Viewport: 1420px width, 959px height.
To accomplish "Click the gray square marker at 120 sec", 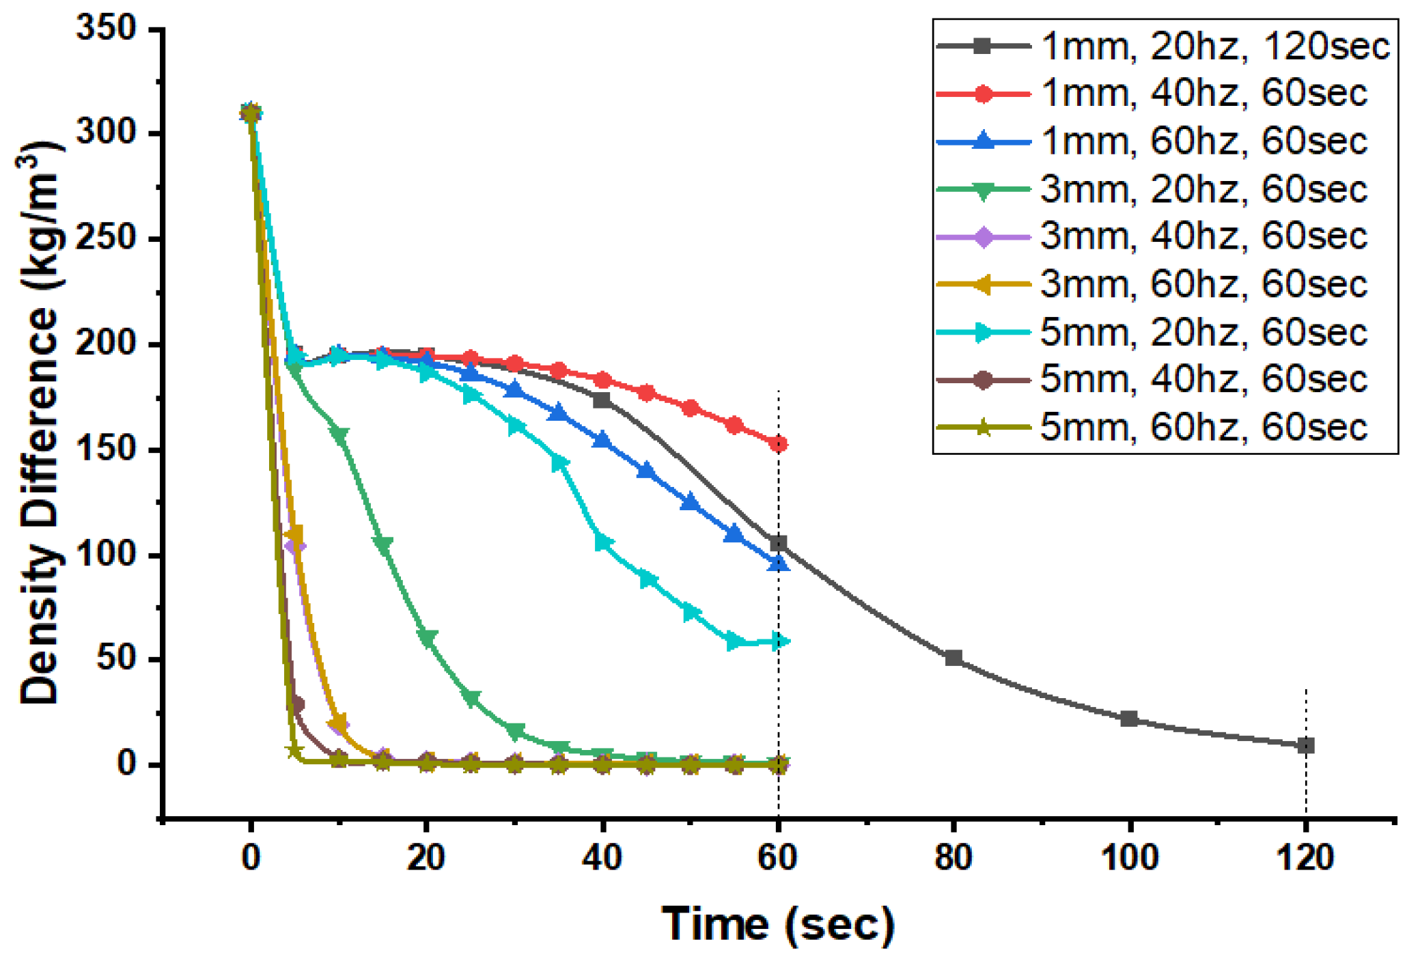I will click(1305, 745).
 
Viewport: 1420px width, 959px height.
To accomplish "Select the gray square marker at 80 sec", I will click(953, 658).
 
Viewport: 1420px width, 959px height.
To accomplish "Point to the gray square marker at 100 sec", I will click(1129, 719).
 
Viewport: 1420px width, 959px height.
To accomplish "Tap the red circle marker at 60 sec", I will click(778, 444).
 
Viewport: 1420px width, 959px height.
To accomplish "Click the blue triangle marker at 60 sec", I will click(778, 563).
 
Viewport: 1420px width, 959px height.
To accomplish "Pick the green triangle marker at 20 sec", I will click(427, 639).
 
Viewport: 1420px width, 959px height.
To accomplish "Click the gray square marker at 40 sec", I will click(602, 400).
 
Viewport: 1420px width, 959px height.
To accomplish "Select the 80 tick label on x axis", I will click(953, 857).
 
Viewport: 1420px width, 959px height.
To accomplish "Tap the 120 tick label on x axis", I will click(1305, 857).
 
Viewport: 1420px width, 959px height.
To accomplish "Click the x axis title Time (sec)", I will click(778, 923).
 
